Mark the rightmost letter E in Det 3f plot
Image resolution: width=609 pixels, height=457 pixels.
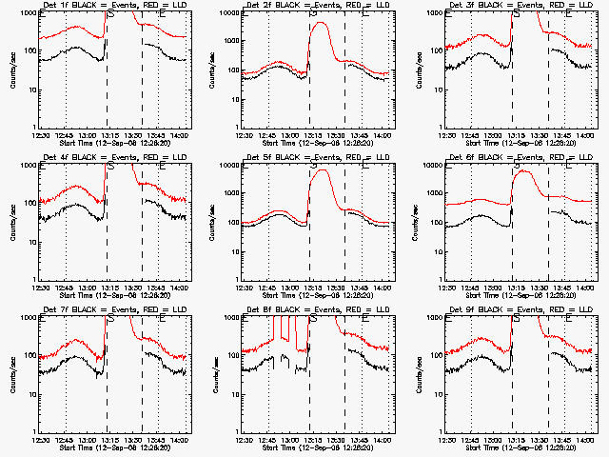point(569,14)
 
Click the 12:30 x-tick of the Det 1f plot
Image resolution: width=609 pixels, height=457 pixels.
point(39,135)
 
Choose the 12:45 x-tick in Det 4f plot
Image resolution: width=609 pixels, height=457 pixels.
point(64,288)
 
